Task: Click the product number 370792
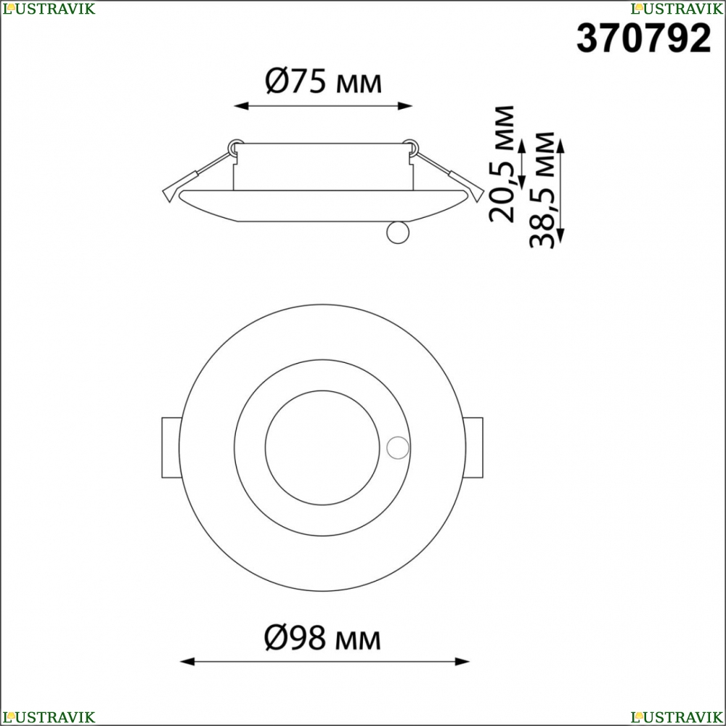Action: (x=643, y=38)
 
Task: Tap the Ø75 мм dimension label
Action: (x=323, y=81)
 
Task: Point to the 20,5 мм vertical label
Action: (x=502, y=164)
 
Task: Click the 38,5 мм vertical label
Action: (x=542, y=189)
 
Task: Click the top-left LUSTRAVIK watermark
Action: (x=49, y=8)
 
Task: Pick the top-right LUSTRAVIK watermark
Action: (x=677, y=8)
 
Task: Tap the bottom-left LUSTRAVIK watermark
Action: (x=49, y=717)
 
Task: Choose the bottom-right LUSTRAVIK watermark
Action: (x=677, y=717)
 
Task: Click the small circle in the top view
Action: (x=398, y=448)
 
